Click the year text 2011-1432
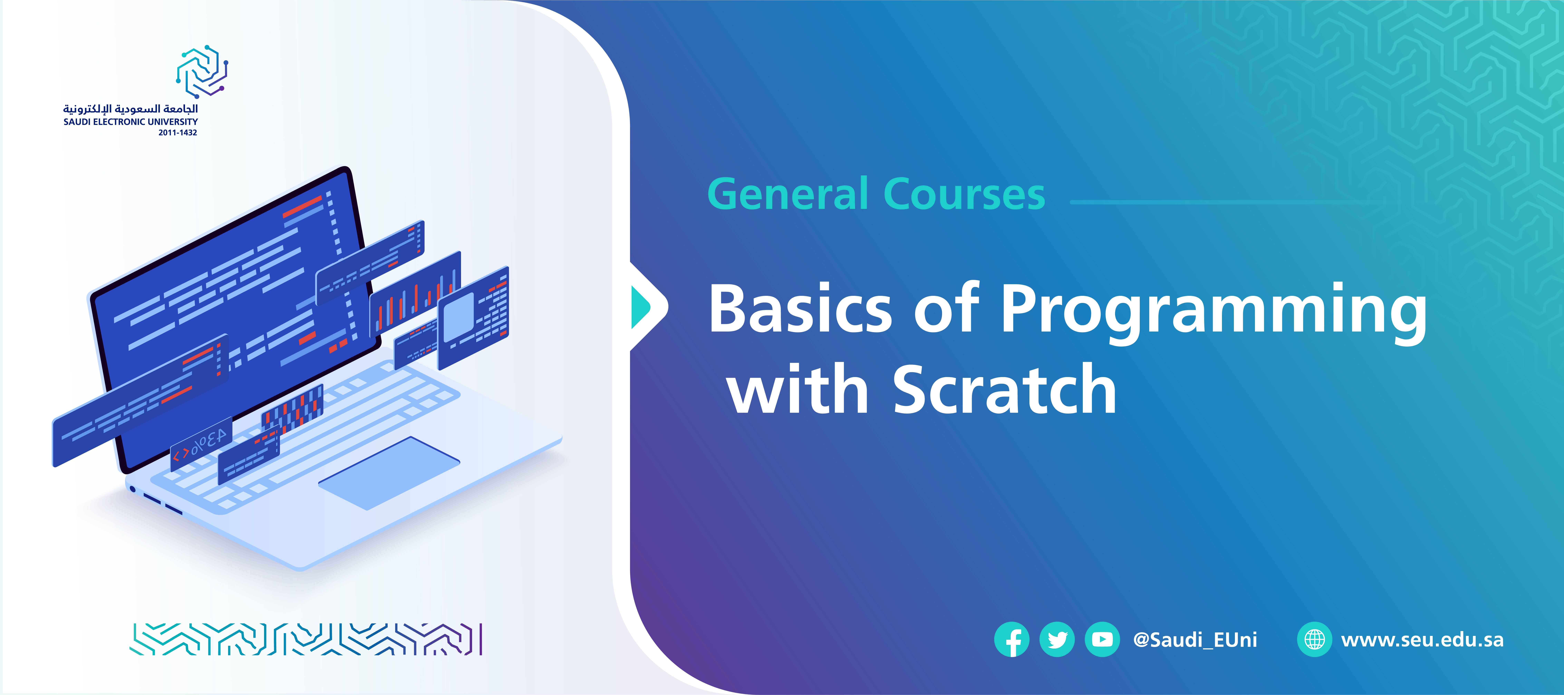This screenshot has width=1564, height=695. coord(178,132)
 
